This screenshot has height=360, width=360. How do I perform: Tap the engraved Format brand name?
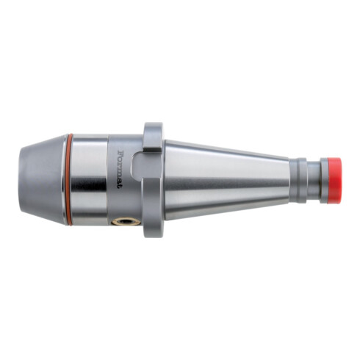click(120, 169)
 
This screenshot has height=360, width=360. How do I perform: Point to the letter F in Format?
click(120, 153)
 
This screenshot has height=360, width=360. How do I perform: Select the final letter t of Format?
click(120, 187)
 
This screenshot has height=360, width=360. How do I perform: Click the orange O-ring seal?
click(71, 179)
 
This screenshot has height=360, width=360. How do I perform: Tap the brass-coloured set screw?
click(126, 222)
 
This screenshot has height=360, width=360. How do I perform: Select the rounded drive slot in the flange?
click(137, 167)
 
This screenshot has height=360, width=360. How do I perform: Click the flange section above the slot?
click(153, 137)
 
